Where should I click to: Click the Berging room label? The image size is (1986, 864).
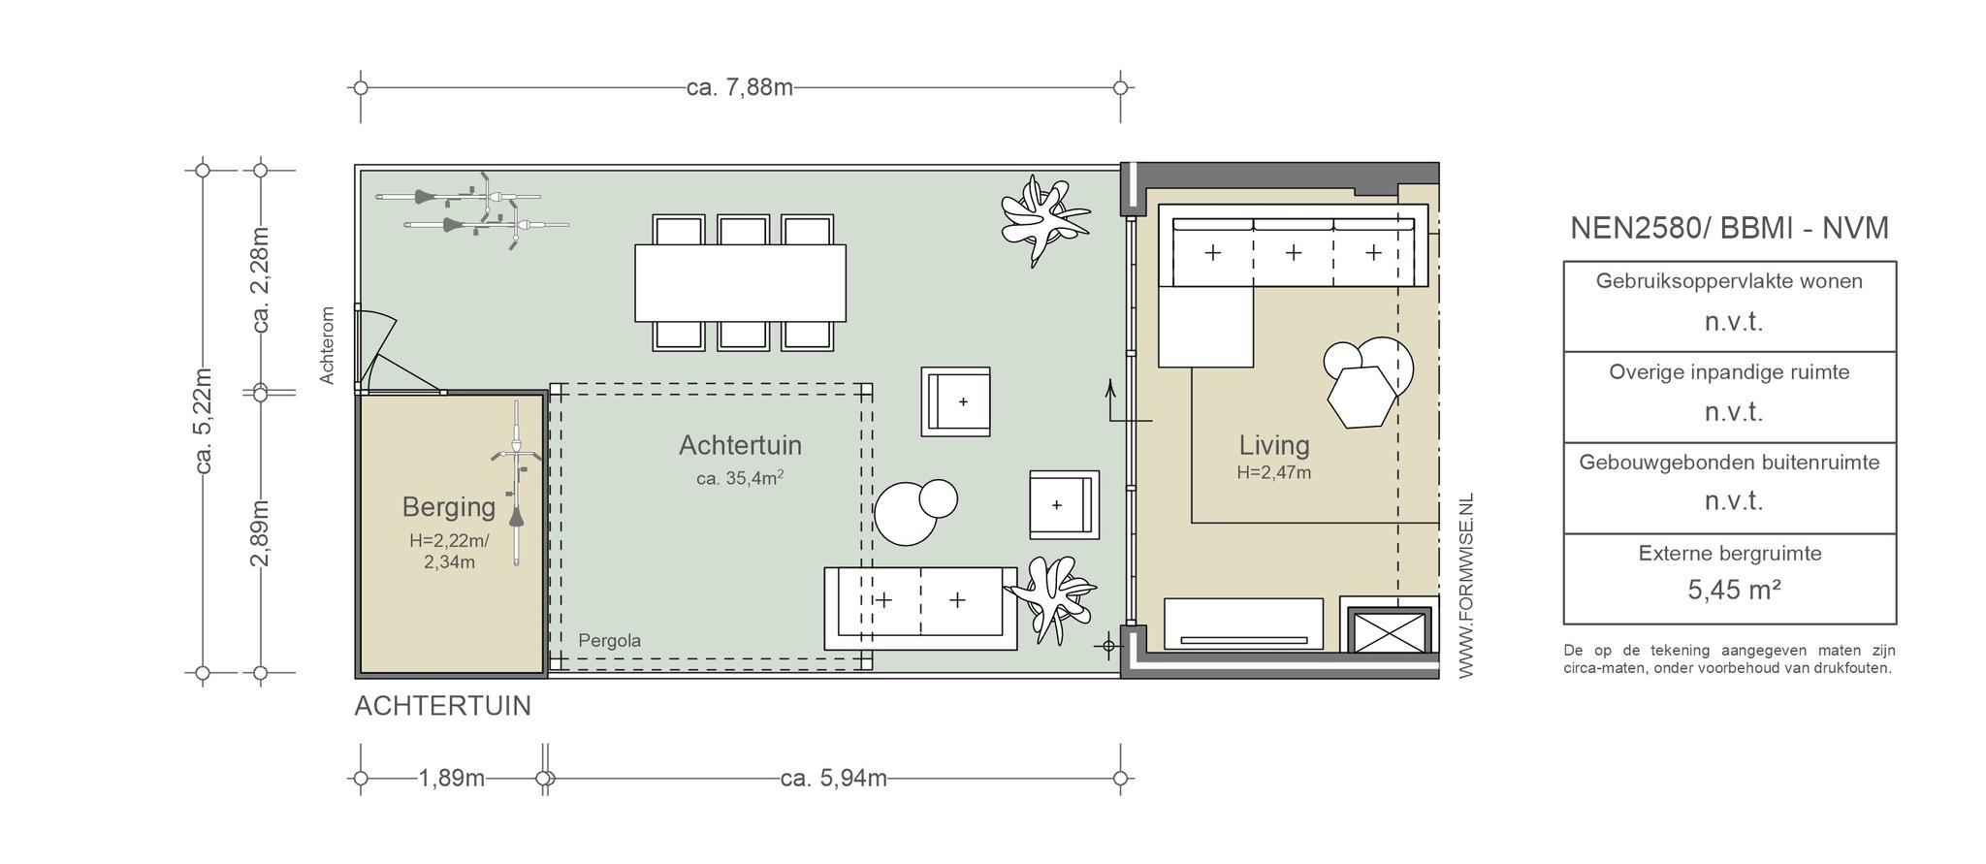[x=448, y=507]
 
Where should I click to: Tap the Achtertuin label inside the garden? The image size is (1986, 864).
[x=740, y=445]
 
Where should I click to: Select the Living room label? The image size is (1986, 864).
[x=1274, y=445]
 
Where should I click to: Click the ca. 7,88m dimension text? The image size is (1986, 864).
[x=740, y=87]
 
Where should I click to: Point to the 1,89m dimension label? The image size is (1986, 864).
[x=452, y=779]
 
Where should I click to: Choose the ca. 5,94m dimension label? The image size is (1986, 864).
[x=833, y=779]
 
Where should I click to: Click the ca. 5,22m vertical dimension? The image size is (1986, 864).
[x=204, y=421]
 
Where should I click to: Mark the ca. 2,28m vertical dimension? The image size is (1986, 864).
[x=260, y=279]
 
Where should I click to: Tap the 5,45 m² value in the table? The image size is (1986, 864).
[x=1734, y=590]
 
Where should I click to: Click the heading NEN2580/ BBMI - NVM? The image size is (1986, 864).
[x=1729, y=228]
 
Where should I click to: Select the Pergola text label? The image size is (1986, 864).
[x=609, y=641]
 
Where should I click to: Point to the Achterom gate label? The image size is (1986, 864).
[x=327, y=345]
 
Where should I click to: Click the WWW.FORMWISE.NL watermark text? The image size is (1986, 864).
[x=1465, y=586]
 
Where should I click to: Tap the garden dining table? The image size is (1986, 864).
[x=740, y=283]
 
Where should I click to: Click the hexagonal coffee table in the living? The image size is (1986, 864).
[x=1362, y=397]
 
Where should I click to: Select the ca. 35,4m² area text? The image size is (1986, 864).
[x=740, y=477]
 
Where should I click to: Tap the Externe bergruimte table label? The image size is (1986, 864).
[x=1729, y=554]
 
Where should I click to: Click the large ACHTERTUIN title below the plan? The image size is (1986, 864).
[x=443, y=706]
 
